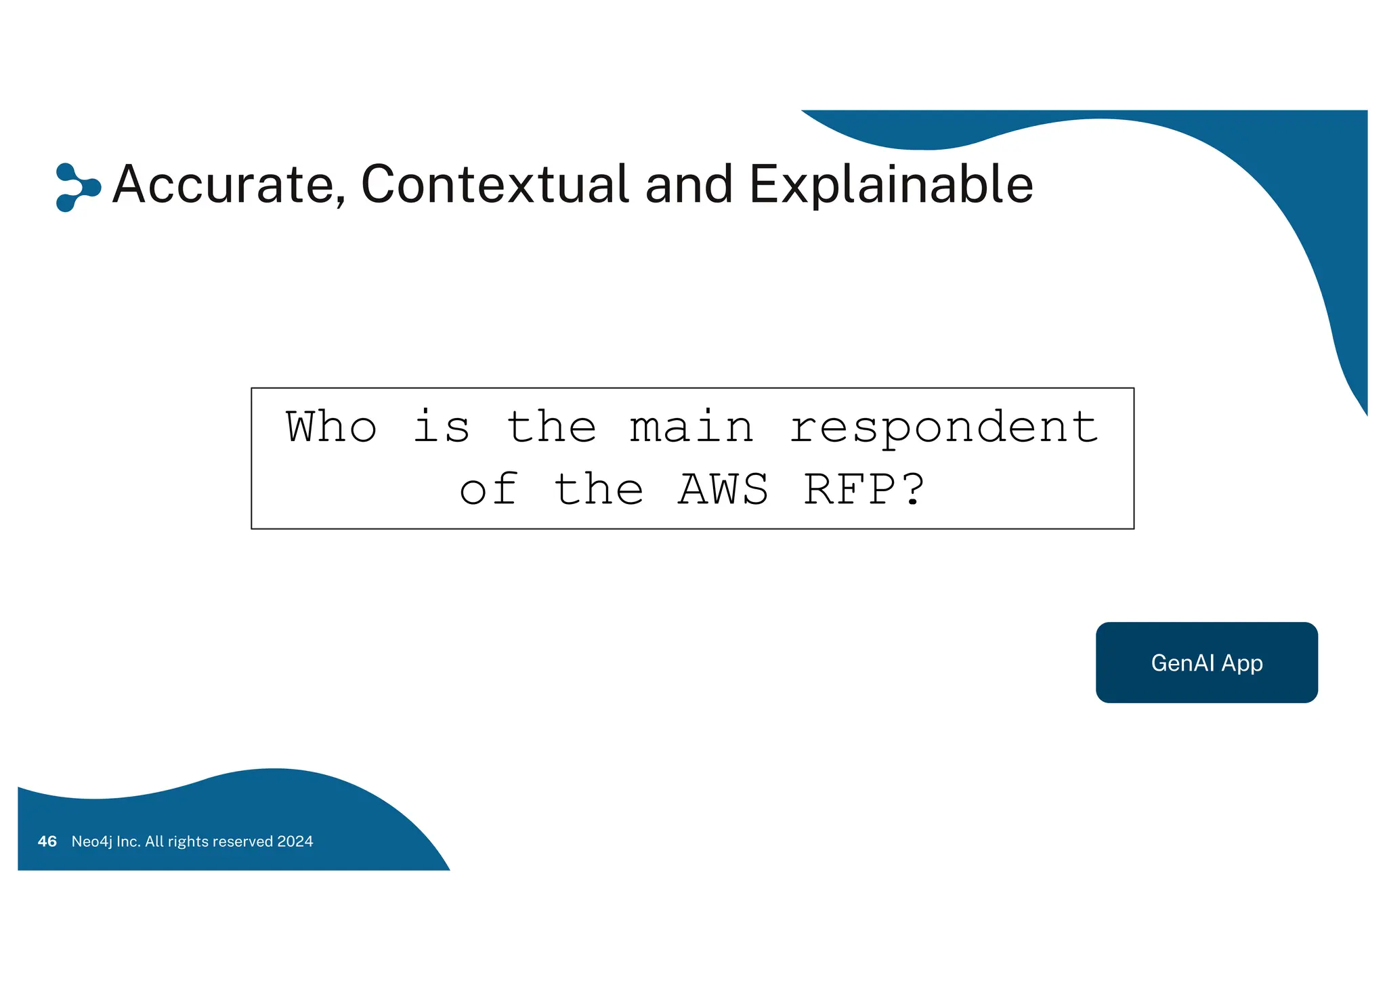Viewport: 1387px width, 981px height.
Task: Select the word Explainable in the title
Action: click(891, 184)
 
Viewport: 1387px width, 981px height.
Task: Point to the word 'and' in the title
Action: click(689, 184)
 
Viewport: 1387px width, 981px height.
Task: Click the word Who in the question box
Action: click(331, 427)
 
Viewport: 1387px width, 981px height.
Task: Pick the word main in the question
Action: click(691, 427)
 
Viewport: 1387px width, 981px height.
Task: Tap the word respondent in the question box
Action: click(943, 429)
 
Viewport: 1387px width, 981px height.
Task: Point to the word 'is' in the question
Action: click(441, 427)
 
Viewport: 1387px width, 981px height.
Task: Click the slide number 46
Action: click(47, 841)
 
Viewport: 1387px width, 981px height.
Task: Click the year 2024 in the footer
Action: click(295, 841)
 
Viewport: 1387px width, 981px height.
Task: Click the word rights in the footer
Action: click(188, 841)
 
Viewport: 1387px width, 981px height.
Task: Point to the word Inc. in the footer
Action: click(129, 841)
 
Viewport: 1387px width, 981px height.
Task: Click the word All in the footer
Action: click(154, 841)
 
